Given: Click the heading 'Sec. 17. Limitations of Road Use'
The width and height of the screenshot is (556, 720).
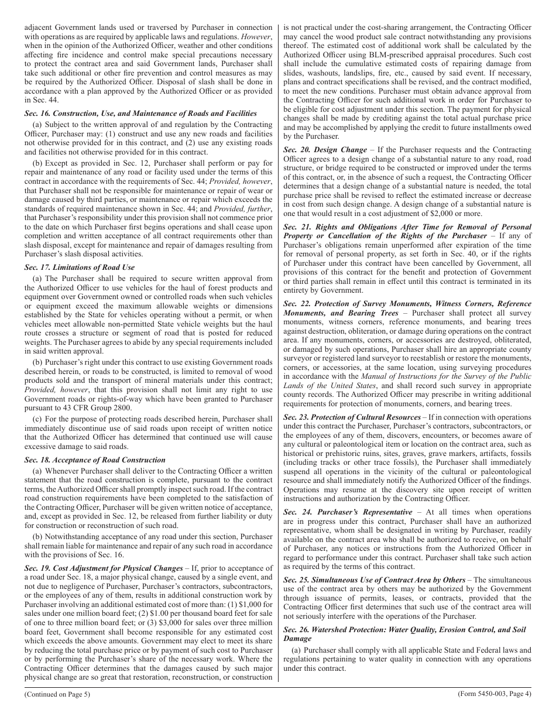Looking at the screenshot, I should click(79, 267).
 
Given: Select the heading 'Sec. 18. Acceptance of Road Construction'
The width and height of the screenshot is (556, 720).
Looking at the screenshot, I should click(95, 460).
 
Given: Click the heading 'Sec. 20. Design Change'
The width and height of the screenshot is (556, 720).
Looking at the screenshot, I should click(325, 150).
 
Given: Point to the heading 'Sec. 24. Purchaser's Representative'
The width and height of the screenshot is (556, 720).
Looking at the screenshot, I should click(348, 512).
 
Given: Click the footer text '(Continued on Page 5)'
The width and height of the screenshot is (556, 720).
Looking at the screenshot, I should click(57, 694).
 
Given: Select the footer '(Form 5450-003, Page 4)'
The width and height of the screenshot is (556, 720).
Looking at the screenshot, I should click(495, 694).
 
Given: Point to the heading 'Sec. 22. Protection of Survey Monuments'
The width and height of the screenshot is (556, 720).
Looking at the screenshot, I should click(407, 304).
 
